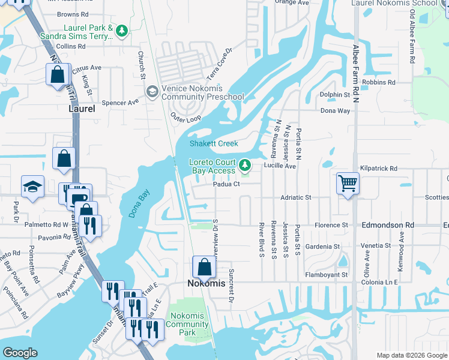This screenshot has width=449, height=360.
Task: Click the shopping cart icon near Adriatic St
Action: [x=348, y=184]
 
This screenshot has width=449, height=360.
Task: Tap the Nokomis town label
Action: [x=204, y=283]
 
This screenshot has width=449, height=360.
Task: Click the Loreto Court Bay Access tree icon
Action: [x=245, y=164]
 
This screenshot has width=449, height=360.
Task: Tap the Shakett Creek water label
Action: [x=214, y=143]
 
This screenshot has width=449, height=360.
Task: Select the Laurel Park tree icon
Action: [x=122, y=31]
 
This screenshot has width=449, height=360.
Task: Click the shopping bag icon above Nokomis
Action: [x=204, y=266]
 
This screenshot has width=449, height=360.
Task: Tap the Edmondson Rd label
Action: [x=388, y=225]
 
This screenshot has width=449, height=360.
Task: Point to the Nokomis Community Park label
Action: [x=187, y=324]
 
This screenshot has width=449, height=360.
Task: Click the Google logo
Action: [x=19, y=353]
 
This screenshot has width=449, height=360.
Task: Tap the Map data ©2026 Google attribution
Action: [x=411, y=355]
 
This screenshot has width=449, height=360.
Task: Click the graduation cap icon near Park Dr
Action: [x=32, y=187]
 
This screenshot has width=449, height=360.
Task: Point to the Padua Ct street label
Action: [x=226, y=184]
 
